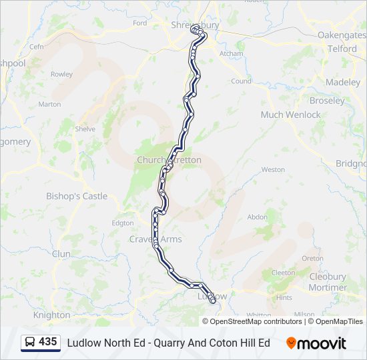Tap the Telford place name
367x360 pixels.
click(x=342, y=49)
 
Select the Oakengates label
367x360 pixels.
click(x=342, y=35)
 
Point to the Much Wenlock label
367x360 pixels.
click(x=290, y=115)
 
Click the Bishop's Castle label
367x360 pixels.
click(x=77, y=196)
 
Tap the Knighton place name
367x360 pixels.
click(x=51, y=315)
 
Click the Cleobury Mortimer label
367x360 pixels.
click(x=328, y=282)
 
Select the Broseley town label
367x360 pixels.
click(x=327, y=101)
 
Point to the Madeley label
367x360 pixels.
click(x=343, y=82)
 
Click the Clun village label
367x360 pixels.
click(x=61, y=254)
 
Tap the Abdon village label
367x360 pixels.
click(x=258, y=217)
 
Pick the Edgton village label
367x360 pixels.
click(x=123, y=223)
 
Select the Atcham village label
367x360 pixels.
click(x=232, y=53)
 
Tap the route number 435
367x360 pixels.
click(x=47, y=342)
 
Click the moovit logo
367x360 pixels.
click(x=316, y=343)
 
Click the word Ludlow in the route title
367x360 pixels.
click(x=82, y=343)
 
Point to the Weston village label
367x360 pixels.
click(x=273, y=169)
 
